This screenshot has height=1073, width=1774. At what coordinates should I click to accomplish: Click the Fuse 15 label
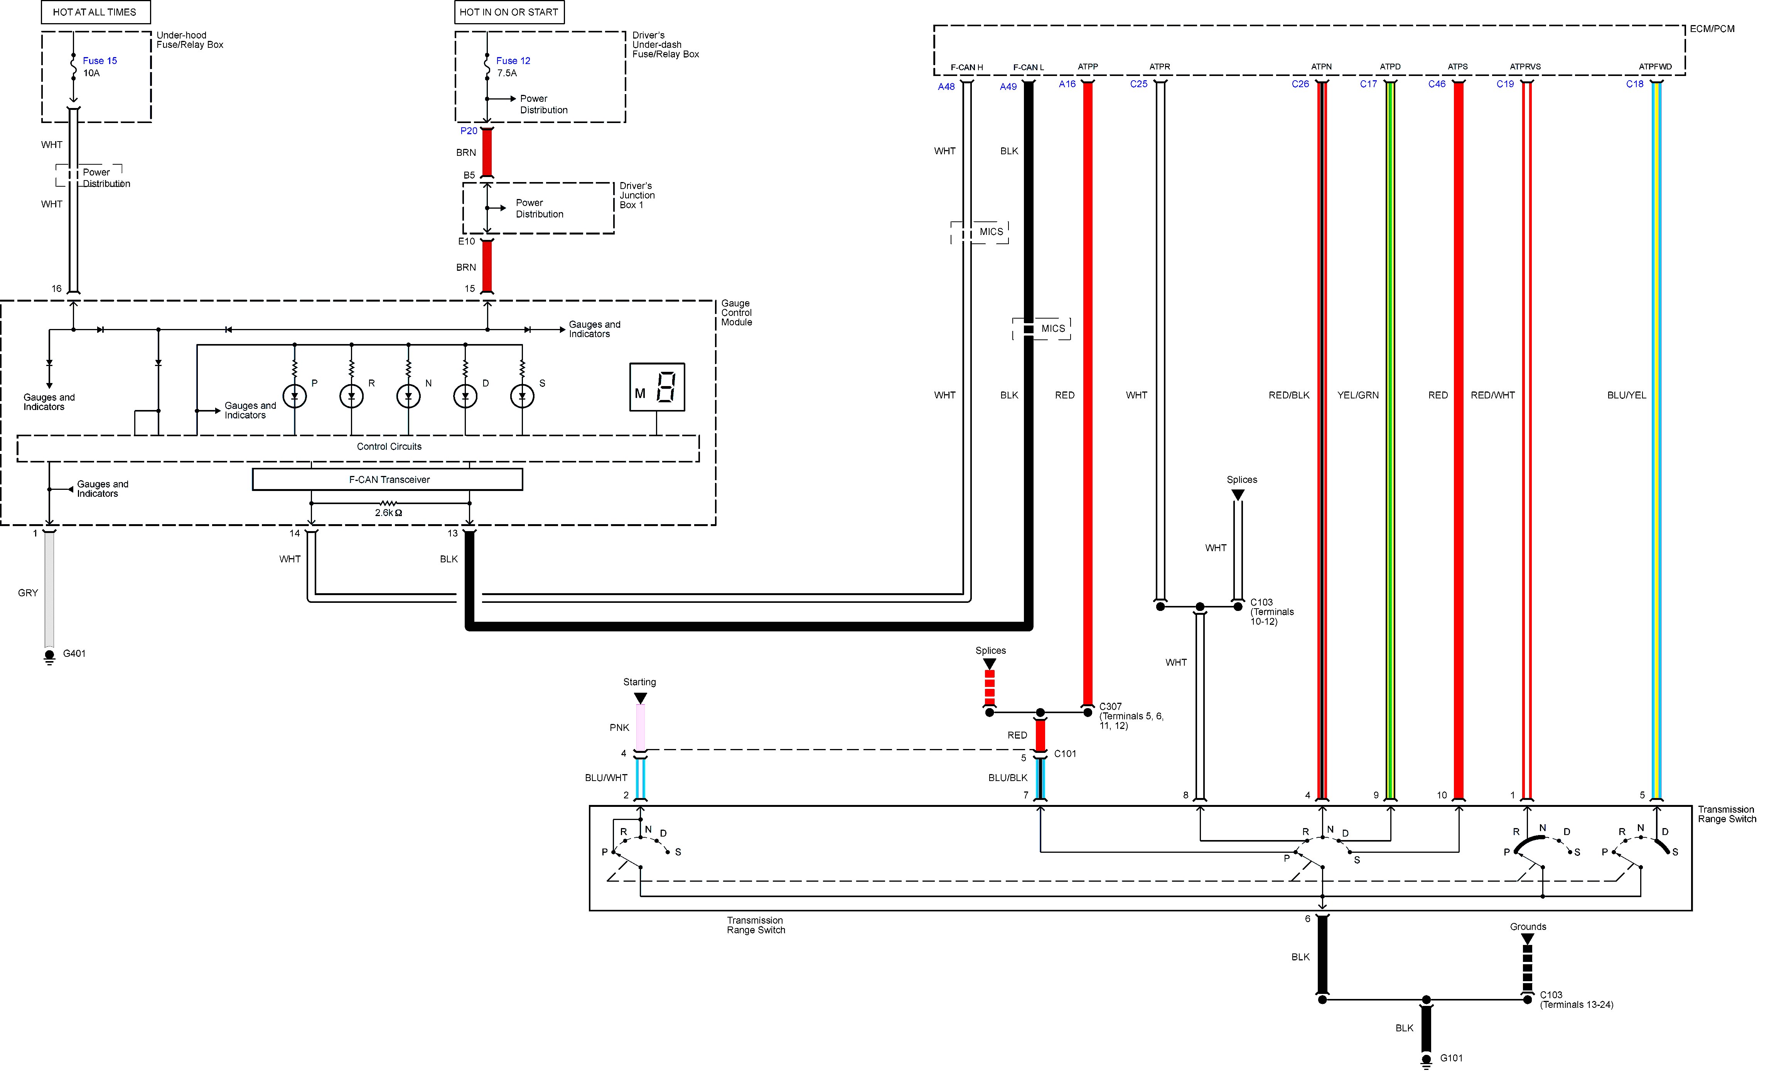tap(99, 61)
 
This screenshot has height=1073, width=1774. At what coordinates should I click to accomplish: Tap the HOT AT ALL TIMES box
tap(94, 12)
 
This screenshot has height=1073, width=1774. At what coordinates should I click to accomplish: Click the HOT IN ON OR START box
tap(509, 12)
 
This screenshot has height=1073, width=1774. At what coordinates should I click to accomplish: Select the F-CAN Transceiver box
tap(387, 479)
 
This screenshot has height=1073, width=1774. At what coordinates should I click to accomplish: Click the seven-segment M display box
tap(657, 388)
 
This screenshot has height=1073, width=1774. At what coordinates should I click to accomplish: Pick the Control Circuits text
tap(389, 447)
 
